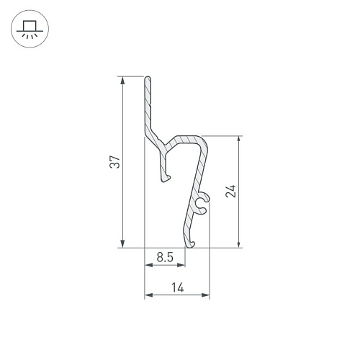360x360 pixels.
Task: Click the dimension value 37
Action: tap(114, 162)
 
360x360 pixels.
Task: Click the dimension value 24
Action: tap(231, 192)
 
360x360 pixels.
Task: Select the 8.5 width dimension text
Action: tap(165, 257)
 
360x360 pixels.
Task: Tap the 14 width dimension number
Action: tap(178, 287)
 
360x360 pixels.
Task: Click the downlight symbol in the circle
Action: tap(30, 29)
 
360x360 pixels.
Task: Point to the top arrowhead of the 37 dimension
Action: tap(123, 81)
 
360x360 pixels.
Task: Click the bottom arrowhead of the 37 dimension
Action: tap(123, 244)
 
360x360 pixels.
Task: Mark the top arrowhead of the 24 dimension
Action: tap(238, 140)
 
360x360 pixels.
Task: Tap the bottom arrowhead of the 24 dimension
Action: tap(238, 244)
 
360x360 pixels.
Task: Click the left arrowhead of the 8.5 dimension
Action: tap(148, 265)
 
